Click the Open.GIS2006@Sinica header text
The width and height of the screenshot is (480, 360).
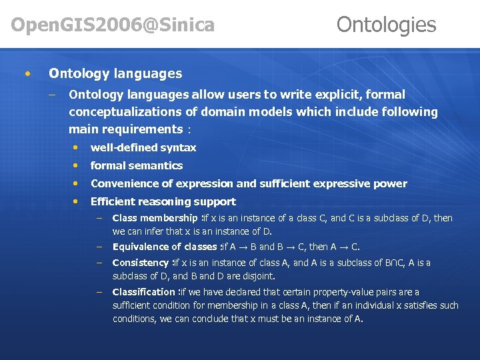tap(113, 25)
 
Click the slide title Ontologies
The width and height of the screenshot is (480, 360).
tap(386, 25)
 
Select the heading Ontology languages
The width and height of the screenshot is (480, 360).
tap(115, 73)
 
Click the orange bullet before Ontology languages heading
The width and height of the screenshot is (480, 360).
tap(27, 73)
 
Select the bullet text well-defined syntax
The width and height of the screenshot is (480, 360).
tap(143, 147)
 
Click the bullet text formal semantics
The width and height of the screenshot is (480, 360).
tap(136, 165)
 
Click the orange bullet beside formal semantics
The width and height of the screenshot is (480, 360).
tap(77, 165)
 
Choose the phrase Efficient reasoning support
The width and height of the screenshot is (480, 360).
tap(163, 201)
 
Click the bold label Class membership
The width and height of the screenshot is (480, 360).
tap(154, 218)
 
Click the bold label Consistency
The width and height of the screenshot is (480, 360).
tap(141, 263)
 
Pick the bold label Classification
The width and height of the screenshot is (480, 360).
tap(143, 292)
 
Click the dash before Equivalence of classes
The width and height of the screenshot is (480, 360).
tap(98, 247)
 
